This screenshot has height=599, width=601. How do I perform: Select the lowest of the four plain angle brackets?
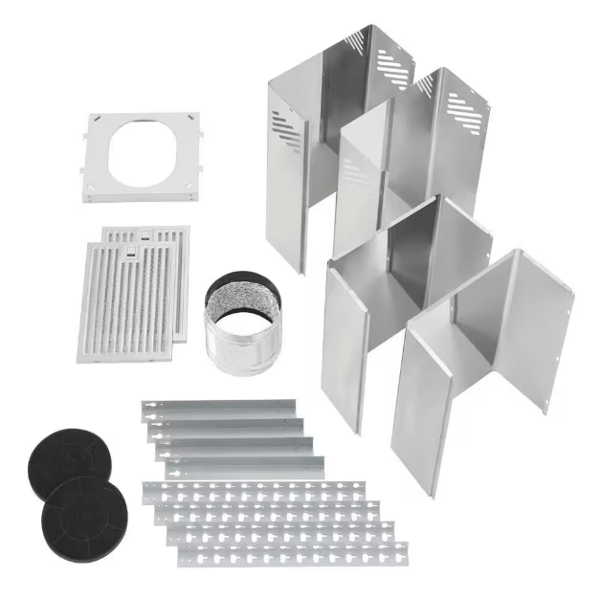pyautogui.click(x=245, y=468)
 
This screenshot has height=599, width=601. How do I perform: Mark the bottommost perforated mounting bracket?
pyautogui.click(x=292, y=554)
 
